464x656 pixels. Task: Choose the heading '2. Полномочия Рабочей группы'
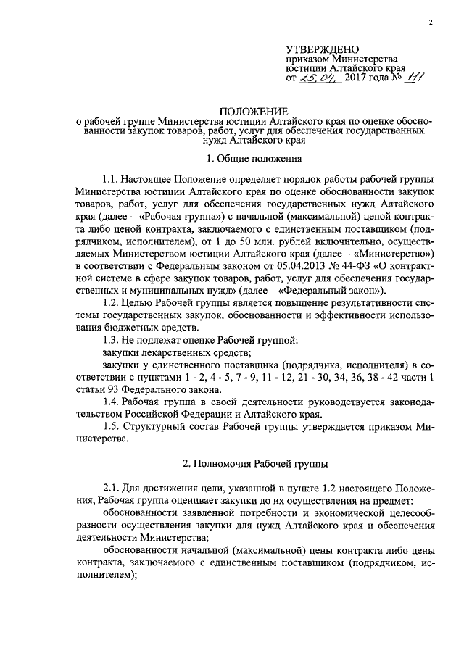pyautogui.click(x=254, y=462)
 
